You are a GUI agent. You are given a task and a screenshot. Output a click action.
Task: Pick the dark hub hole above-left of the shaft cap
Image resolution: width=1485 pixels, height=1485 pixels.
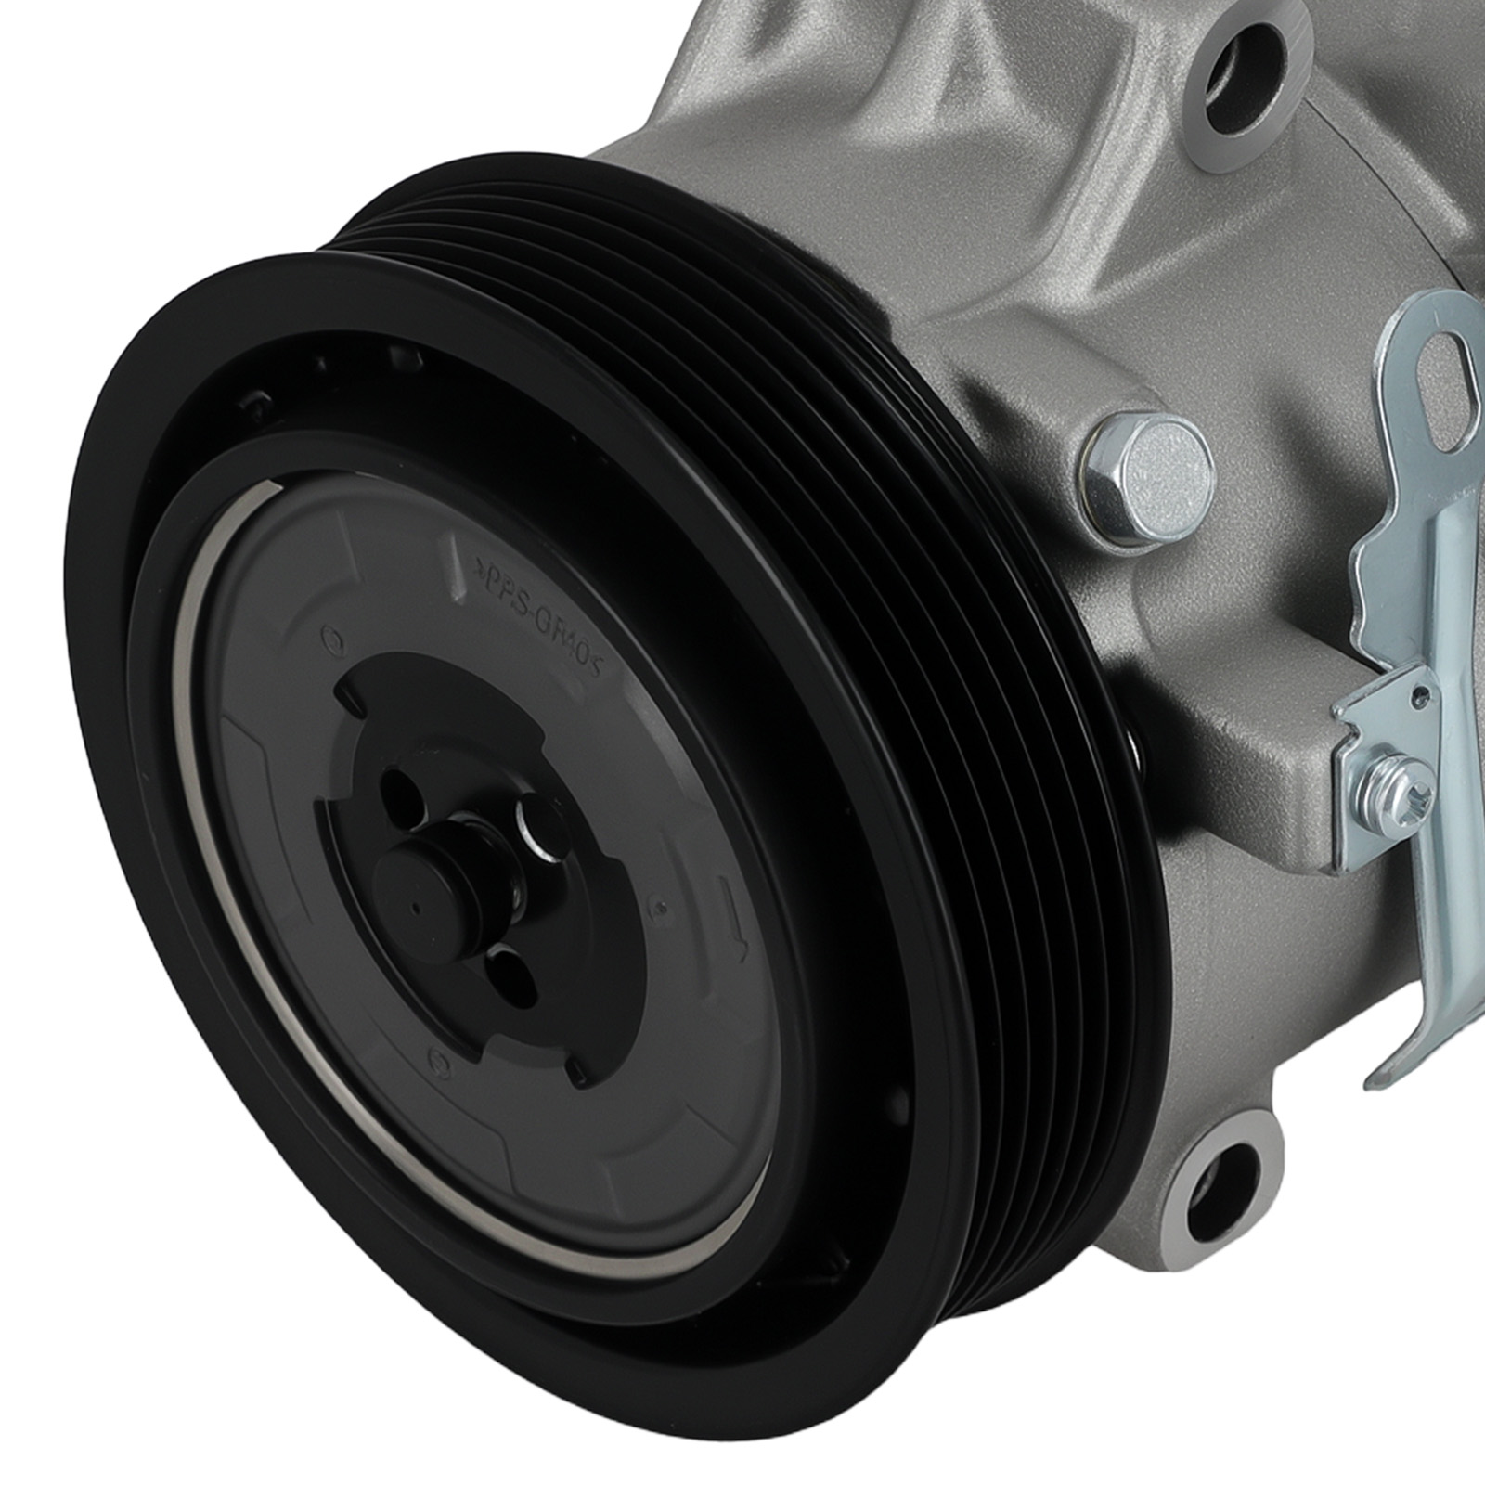point(394,789)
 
